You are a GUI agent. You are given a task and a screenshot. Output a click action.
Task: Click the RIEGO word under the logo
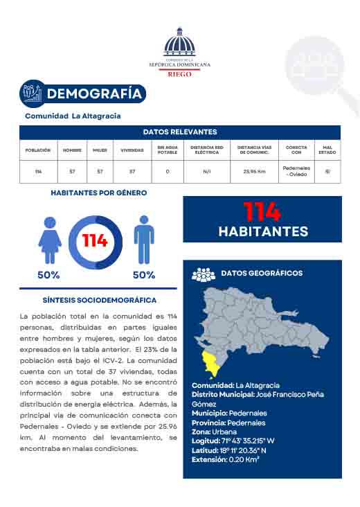click(x=179, y=72)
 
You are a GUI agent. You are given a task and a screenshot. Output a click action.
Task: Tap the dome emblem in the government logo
click(x=179, y=43)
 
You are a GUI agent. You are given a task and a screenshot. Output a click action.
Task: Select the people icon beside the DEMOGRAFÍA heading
click(x=32, y=93)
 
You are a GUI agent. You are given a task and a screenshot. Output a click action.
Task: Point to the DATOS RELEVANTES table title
click(x=180, y=132)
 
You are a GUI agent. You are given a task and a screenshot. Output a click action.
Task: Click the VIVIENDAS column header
click(x=132, y=150)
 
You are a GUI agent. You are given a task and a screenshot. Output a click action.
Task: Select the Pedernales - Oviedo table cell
click(x=296, y=170)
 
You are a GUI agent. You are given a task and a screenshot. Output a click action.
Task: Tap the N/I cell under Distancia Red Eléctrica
click(x=207, y=170)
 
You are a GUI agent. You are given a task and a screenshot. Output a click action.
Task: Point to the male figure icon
click(x=143, y=240)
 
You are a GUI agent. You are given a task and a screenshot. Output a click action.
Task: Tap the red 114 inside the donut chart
click(x=96, y=241)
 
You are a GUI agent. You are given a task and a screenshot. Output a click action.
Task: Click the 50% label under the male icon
click(x=143, y=275)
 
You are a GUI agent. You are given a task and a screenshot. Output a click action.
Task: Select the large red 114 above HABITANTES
click(x=262, y=211)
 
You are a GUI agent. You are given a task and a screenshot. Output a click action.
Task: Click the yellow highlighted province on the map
click(x=208, y=359)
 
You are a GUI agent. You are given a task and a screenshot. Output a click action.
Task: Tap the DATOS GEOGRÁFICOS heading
click(x=261, y=274)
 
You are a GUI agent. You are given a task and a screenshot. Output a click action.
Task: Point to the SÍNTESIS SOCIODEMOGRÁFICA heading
click(x=100, y=301)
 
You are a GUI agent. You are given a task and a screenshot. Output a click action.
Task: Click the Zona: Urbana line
click(x=214, y=432)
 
